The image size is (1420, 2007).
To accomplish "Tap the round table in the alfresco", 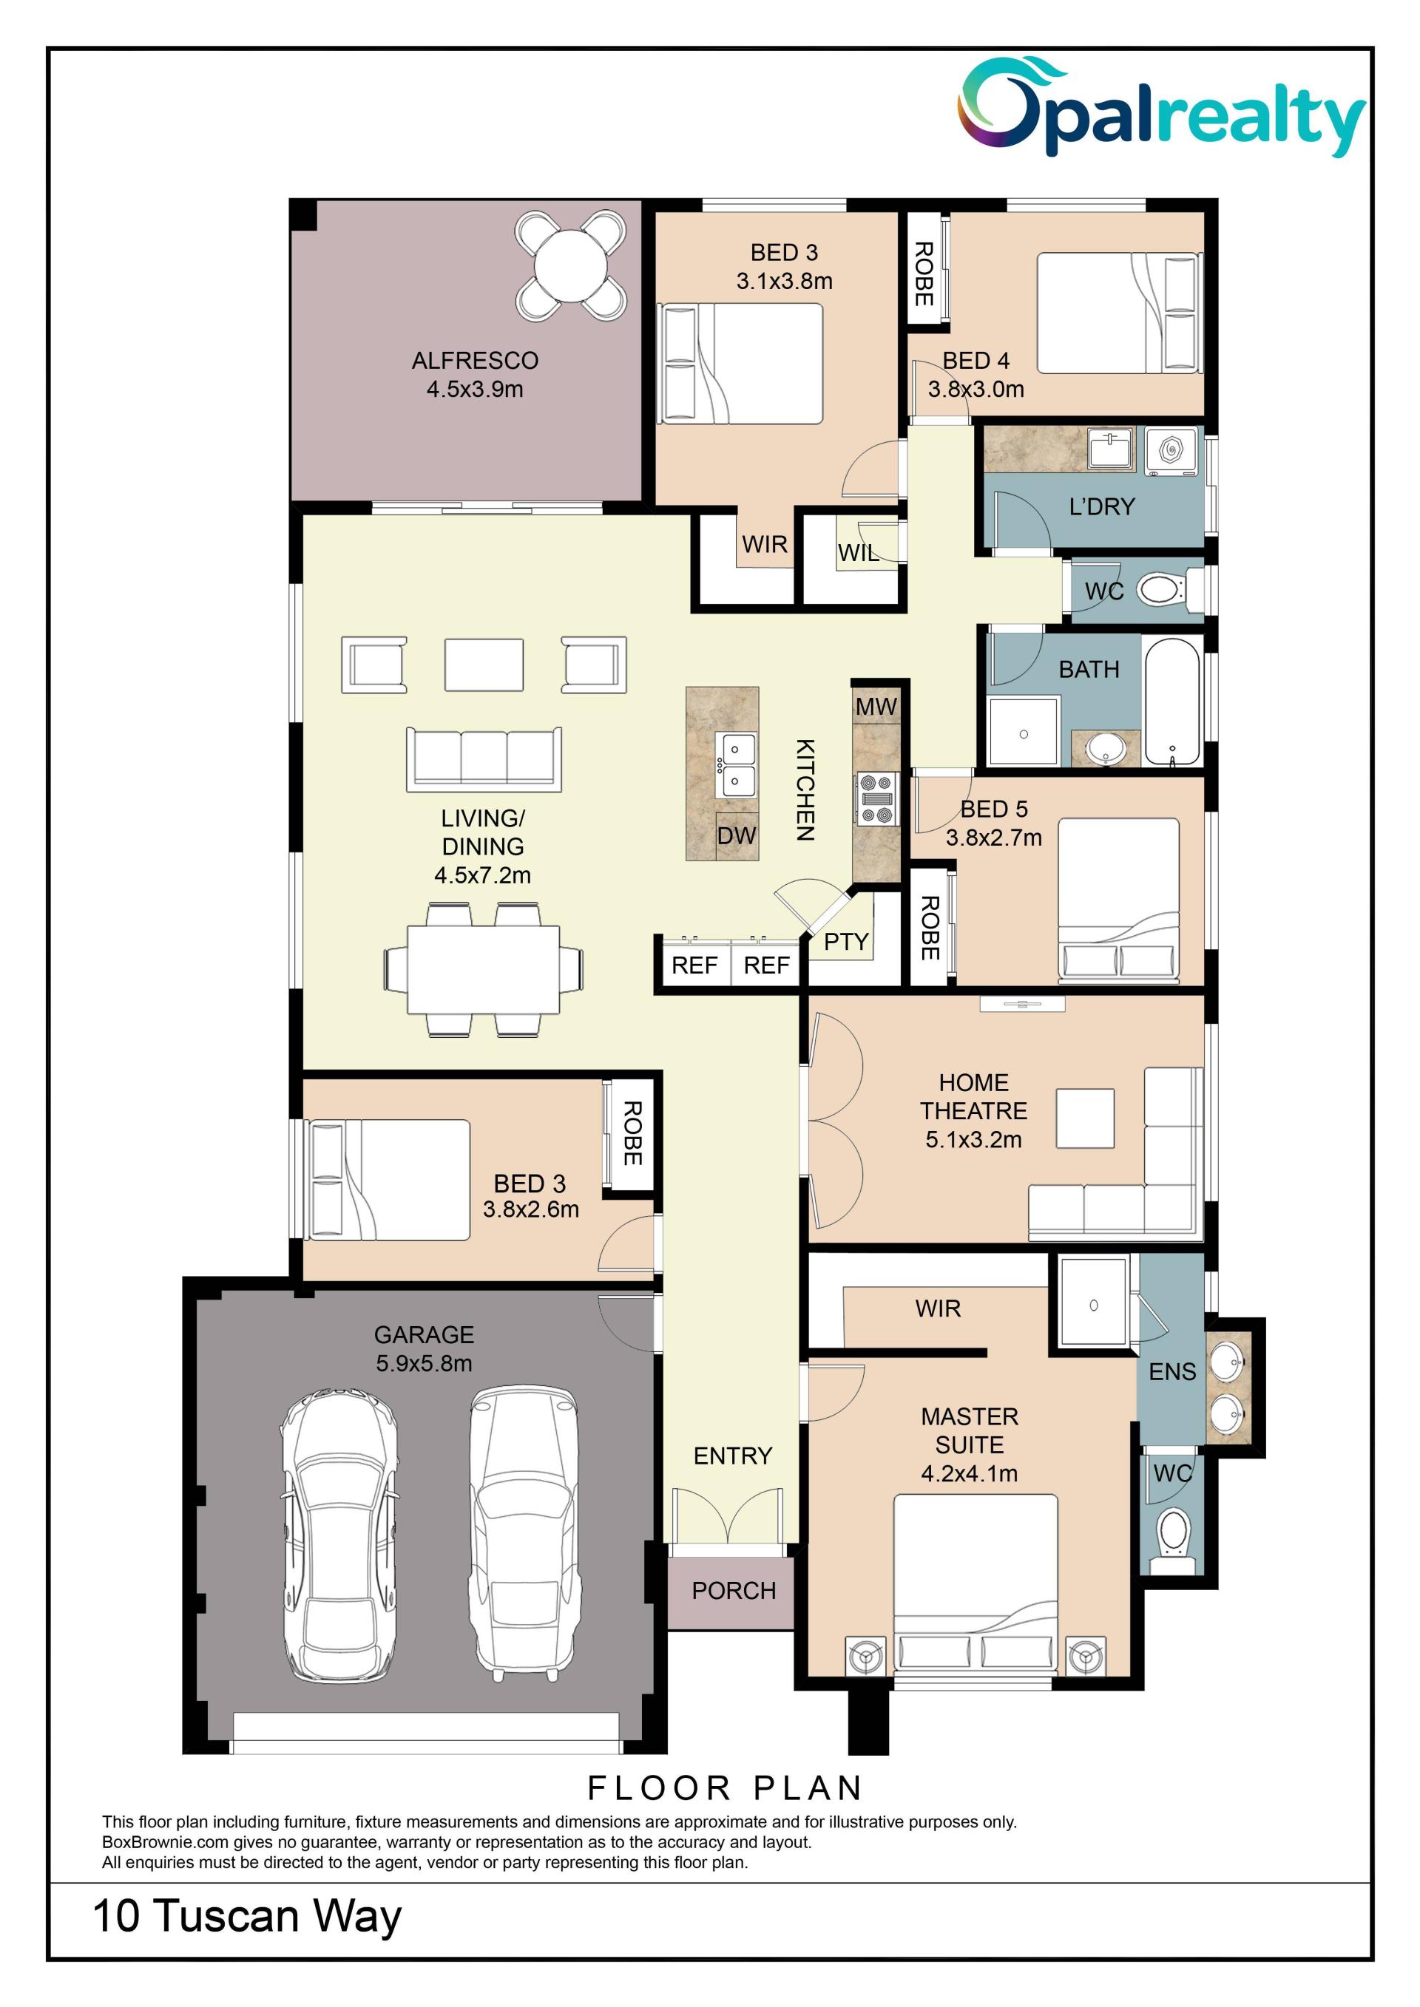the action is [x=571, y=265].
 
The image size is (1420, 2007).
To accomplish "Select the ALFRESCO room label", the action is [x=475, y=360].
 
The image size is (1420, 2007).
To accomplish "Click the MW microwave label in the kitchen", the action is [x=876, y=706].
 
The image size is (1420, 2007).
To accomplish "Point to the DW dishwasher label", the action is [x=736, y=835].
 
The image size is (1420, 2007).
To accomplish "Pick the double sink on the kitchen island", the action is [x=736, y=766].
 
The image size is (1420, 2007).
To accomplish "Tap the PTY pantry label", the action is [x=845, y=942].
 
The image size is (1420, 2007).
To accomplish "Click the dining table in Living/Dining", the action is [x=484, y=969].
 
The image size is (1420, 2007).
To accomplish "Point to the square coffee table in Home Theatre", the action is [x=1084, y=1118].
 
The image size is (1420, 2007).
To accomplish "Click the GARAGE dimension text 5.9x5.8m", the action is [x=424, y=1363].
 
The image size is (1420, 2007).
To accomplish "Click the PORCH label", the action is [x=734, y=1590].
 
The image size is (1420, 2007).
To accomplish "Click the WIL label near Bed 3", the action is [x=859, y=552].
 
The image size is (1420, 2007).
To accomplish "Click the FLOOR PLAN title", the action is [x=725, y=1787].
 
